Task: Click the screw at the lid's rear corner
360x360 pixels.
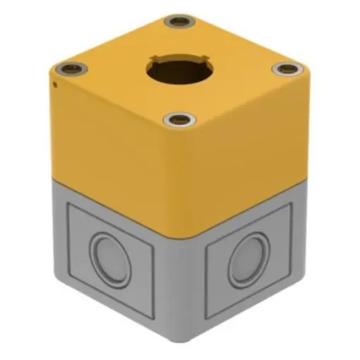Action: pyautogui.click(x=179, y=21)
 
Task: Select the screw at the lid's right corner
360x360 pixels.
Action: pyautogui.click(x=287, y=69)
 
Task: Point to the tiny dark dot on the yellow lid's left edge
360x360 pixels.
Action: pyautogui.click(x=55, y=84)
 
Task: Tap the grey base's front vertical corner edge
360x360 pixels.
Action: pyautogui.click(x=182, y=282)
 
